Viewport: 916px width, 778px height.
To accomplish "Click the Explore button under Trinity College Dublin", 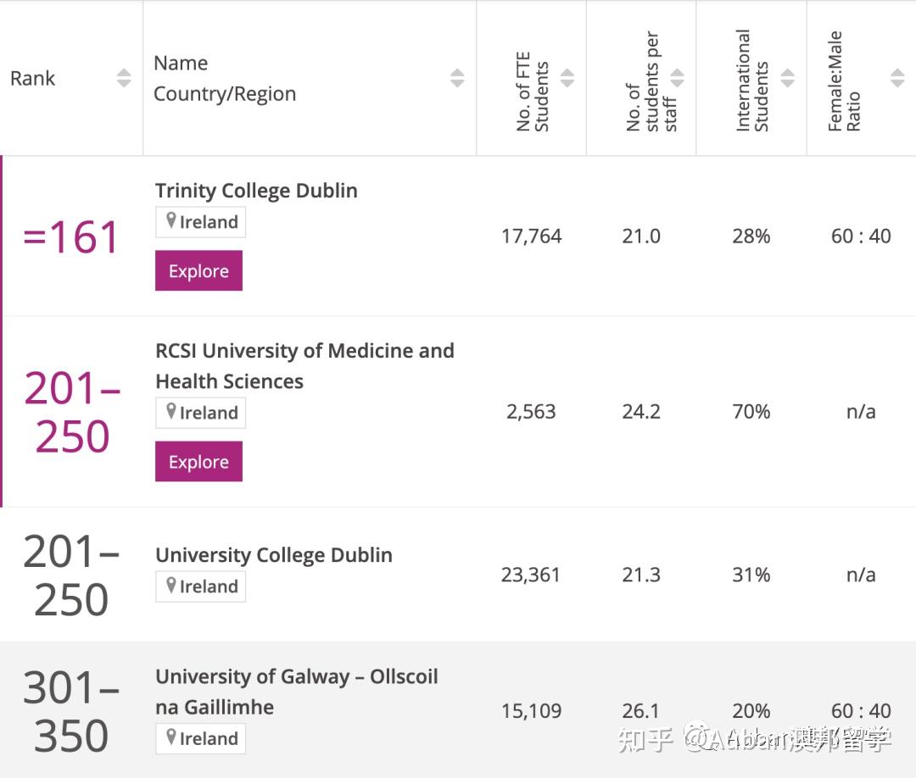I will pos(198,271).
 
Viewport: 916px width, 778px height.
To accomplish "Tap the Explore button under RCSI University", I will pos(198,462).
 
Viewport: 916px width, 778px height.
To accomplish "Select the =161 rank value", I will pos(71,237).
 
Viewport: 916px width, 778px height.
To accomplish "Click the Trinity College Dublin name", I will pos(256,191).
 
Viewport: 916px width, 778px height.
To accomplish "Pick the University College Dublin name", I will pos(273,555).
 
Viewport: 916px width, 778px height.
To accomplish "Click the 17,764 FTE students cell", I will pos(531,236).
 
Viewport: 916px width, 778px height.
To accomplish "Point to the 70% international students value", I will pos(751,412).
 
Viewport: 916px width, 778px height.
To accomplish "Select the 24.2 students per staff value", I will pos(640,412).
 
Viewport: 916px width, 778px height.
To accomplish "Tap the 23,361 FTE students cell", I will pos(531,575).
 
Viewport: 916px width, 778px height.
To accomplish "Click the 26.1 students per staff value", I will pos(640,711).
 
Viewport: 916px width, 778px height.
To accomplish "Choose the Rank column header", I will pos(33,79).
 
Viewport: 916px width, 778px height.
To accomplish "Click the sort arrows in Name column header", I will pos(457,78).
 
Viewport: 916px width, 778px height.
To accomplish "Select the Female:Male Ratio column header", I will pos(844,81).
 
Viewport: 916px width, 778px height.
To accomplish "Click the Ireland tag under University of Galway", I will pos(201,738).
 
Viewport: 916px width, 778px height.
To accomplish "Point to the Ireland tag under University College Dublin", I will pos(201,586).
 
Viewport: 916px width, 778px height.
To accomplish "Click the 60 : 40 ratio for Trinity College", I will pos(860,236).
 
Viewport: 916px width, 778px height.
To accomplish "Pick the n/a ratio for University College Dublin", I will pos(860,575).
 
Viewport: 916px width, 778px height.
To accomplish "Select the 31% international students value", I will pos(751,575).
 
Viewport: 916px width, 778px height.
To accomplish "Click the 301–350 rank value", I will pos(71,712).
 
